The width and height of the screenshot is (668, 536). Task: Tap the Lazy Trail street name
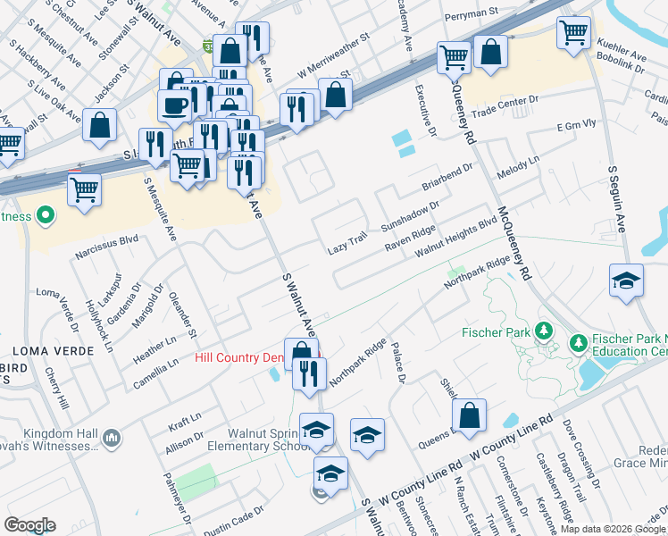click(x=347, y=244)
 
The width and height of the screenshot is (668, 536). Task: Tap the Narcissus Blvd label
click(x=107, y=239)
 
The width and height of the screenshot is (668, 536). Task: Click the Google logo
click(x=29, y=525)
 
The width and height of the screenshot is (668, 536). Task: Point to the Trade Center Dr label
click(x=507, y=106)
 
